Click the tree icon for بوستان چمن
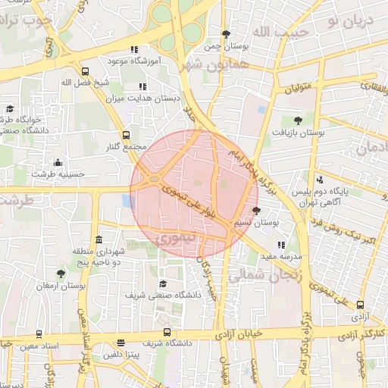[x=226, y=33]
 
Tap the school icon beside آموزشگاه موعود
[x=135, y=49]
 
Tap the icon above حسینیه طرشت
[x=58, y=162]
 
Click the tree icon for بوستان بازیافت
[x=297, y=120]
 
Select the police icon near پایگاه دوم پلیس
[x=320, y=180]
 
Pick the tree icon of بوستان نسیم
[x=256, y=211]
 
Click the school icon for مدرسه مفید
[x=282, y=245]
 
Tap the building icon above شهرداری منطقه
[x=99, y=239]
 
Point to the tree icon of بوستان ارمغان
[x=61, y=274]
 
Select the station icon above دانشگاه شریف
[x=167, y=332]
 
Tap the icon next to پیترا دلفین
[x=122, y=343]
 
